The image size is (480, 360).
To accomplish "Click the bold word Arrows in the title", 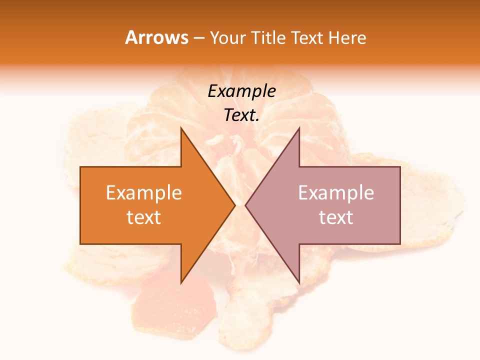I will (x=157, y=38).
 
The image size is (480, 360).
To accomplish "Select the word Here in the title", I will (x=347, y=38).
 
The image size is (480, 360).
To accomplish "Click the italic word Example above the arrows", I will (x=241, y=91).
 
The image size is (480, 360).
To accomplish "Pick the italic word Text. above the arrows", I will (x=241, y=115).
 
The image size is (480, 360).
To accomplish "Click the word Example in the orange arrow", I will (x=144, y=193).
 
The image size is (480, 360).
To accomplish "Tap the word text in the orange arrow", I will (x=144, y=217).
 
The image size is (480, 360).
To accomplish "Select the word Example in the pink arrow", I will (x=336, y=193).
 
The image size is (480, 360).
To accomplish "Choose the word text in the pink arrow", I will (x=336, y=217).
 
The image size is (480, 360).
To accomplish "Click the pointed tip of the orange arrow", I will (x=234, y=205).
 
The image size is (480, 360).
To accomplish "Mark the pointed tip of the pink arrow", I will (x=245, y=205).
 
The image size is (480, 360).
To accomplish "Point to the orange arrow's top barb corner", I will (x=181, y=128).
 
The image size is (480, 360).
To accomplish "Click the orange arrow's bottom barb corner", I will (x=181, y=282).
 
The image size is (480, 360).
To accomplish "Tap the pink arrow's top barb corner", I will (x=299, y=128).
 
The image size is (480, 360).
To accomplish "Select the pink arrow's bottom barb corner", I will (x=299, y=282).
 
